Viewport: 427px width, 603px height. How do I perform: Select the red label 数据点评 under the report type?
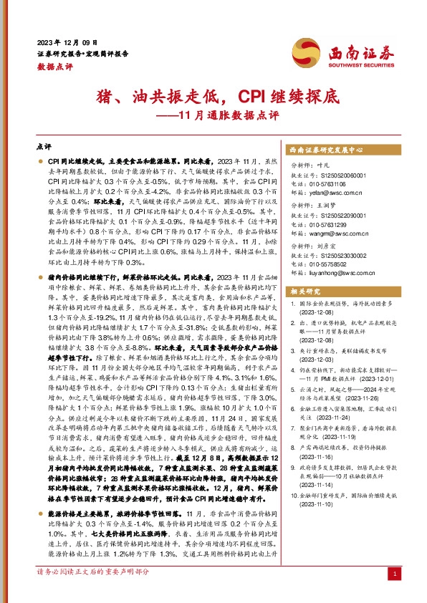pos(51,65)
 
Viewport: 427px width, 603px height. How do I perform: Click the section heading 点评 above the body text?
pos(43,146)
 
